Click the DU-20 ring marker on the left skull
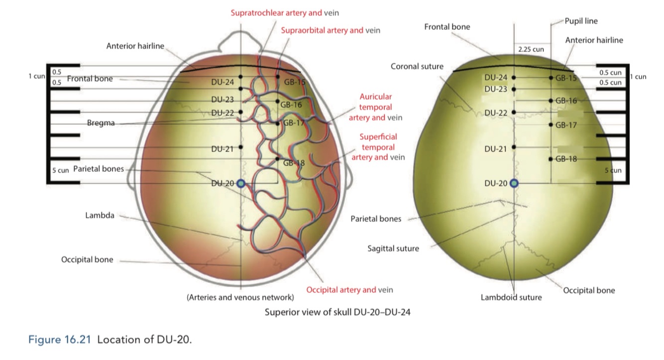tap(241, 184)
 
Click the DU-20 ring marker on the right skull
tap(514, 184)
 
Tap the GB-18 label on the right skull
tap(566, 159)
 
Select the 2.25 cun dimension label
tap(531, 49)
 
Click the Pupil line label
tap(581, 21)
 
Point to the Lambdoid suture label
tap(511, 297)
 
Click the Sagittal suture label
tap(393, 248)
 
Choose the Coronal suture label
tap(417, 66)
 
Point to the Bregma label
tap(102, 123)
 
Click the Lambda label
tap(100, 216)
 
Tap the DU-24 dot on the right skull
tap(514, 78)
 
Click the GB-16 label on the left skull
tap(291, 105)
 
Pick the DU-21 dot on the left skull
tap(241, 147)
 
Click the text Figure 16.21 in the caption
tap(60, 340)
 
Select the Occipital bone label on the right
tap(589, 290)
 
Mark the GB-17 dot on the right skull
tap(551, 124)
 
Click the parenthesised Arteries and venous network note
tap(240, 298)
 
